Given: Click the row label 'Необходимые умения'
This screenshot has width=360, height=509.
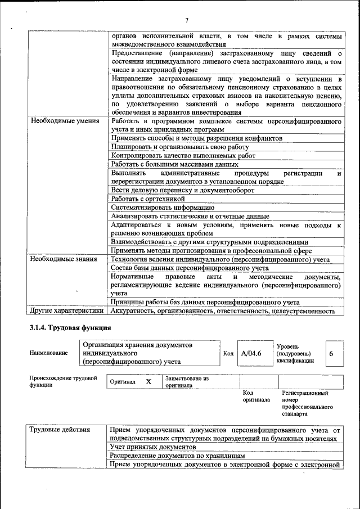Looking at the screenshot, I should [x=65, y=121].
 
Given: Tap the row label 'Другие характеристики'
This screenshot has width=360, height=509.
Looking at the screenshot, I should [x=66, y=310].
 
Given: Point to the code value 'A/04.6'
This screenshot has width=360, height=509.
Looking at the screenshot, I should [x=250, y=353].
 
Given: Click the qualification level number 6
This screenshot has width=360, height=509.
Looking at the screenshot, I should [x=331, y=353].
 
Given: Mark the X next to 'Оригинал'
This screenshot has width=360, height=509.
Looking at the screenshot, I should [x=148, y=381].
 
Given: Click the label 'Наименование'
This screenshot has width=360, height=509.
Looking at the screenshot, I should [x=49, y=353].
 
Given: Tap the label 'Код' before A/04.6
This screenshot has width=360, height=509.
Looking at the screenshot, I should [x=228, y=353].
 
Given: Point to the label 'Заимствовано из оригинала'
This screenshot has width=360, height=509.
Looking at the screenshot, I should [x=187, y=382].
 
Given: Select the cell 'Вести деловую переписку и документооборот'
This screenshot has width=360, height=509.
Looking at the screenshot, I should [x=183, y=190].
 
